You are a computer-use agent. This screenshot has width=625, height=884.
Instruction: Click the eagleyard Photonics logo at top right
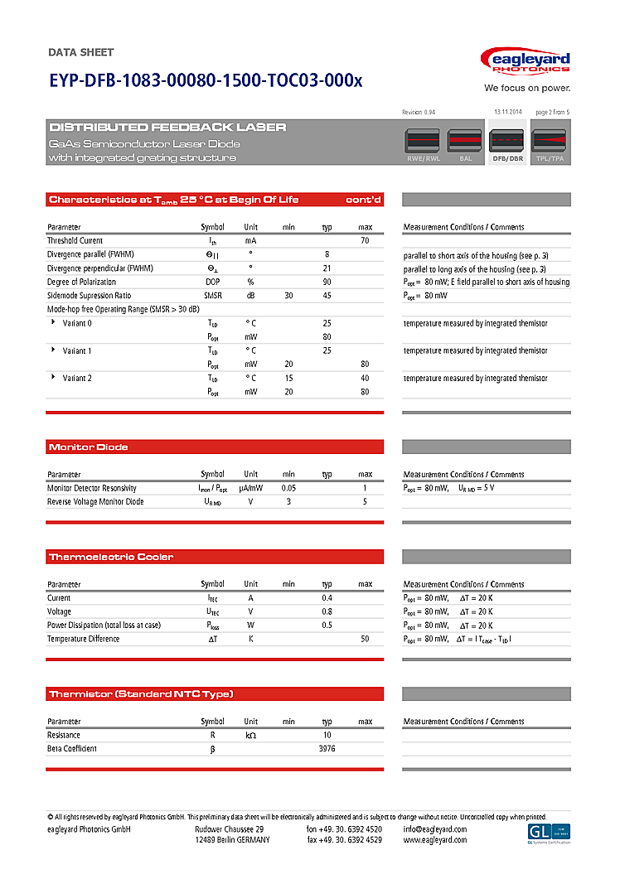(x=526, y=62)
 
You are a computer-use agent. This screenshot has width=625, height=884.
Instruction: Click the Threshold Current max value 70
(x=365, y=240)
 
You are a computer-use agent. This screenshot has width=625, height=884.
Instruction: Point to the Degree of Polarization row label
(x=81, y=282)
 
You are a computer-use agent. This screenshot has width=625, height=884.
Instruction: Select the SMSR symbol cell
(x=212, y=296)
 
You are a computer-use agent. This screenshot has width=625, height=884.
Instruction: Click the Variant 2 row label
(x=77, y=378)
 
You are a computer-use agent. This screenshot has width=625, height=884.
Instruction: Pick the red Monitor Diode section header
(x=215, y=447)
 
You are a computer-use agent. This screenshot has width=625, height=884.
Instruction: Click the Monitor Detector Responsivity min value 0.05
(x=288, y=488)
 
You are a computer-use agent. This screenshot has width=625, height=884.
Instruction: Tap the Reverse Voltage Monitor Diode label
(x=95, y=502)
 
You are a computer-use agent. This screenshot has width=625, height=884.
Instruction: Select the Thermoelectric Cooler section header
(x=215, y=557)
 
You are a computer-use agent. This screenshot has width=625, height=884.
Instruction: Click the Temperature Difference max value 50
(x=365, y=639)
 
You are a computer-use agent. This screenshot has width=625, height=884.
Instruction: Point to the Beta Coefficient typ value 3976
(x=327, y=749)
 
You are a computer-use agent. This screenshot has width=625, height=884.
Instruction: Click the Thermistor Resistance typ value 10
(x=327, y=735)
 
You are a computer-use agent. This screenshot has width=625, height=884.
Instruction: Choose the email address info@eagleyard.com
(x=434, y=829)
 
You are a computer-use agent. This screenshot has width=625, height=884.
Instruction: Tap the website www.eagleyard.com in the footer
(x=434, y=840)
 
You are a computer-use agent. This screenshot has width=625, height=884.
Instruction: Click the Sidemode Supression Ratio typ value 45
(x=327, y=296)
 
